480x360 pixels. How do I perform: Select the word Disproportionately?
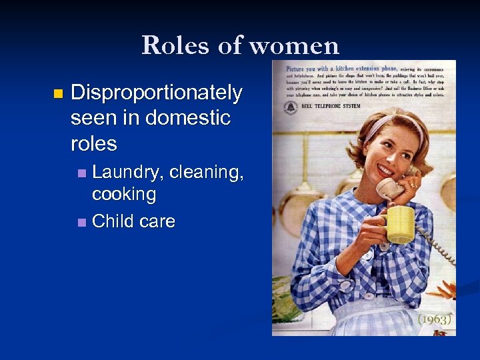[156, 93]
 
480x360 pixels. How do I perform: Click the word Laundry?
[127, 172]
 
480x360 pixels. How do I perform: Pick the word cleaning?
[207, 172]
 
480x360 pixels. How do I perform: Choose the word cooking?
[124, 195]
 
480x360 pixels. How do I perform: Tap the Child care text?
[133, 221]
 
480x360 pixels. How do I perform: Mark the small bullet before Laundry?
[81, 173]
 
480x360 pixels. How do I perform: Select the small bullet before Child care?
[81, 222]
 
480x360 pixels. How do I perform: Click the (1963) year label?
[434, 319]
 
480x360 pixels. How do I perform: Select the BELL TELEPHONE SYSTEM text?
[327, 106]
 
